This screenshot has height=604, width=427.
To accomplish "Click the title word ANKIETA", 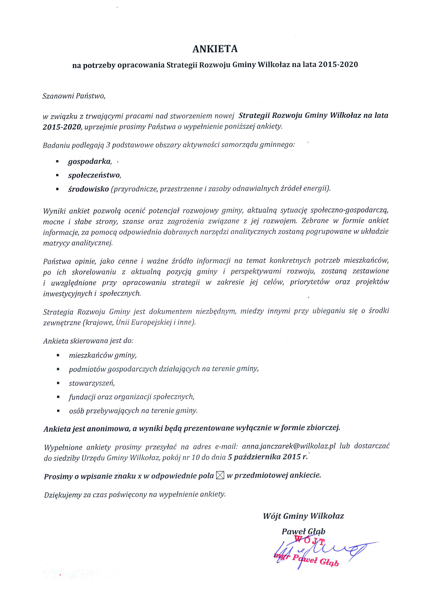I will coord(215,49).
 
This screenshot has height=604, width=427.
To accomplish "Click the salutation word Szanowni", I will coord(58,96).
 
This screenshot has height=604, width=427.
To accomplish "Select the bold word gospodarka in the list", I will coord(89,161).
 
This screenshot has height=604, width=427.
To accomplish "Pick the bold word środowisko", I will coord(88,189).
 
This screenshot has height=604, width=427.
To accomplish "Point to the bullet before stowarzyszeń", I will coord(58,383).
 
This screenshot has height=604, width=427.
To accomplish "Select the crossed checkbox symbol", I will coord(220,475).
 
